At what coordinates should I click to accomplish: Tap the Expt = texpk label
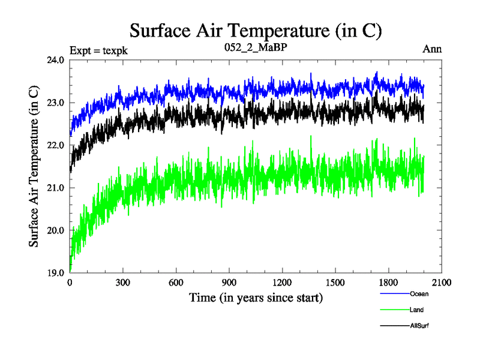pos(98,50)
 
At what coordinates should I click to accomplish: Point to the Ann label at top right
pos(433,50)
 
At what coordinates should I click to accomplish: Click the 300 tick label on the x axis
pos(123,283)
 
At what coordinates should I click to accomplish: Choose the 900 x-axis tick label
pos(229,283)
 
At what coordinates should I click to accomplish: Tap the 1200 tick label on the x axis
pos(282,283)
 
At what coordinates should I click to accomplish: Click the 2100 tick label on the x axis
pos(441,283)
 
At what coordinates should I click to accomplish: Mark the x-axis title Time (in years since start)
pos(256,297)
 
